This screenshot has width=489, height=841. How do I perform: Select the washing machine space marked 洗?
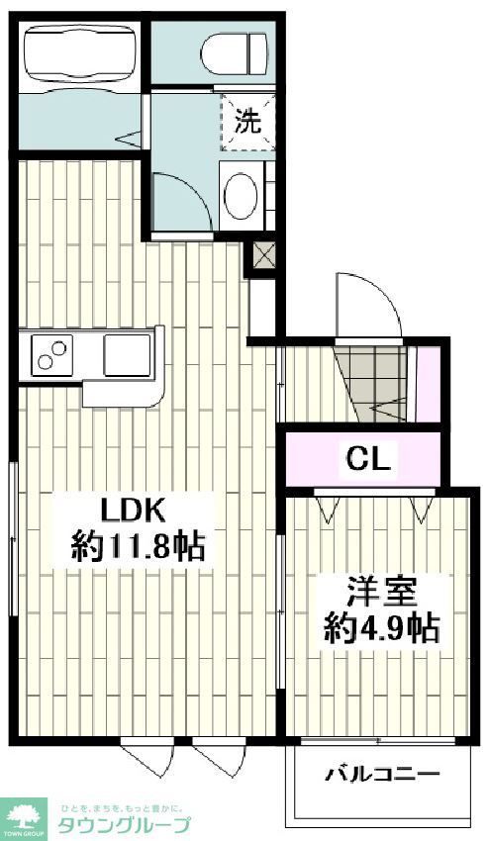(246, 122)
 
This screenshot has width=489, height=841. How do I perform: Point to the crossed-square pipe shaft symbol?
(263, 256)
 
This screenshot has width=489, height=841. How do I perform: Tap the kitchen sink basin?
(127, 353)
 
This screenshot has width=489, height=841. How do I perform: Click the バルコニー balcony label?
(383, 774)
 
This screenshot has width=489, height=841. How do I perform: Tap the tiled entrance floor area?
(374, 383)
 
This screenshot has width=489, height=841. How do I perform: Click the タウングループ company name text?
(125, 826)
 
